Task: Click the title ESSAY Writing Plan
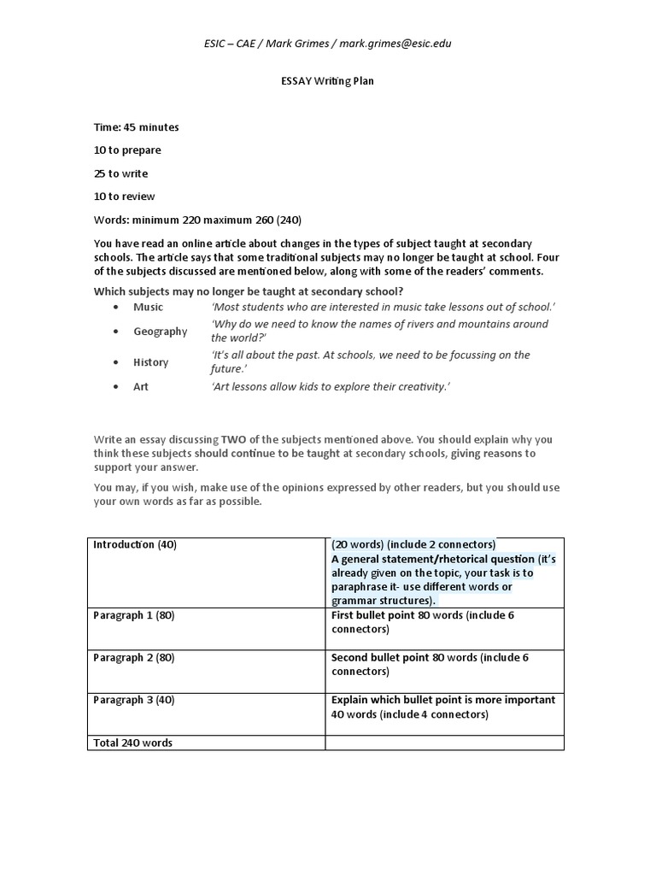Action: pyautogui.click(x=327, y=81)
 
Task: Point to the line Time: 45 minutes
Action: pyautogui.click(x=136, y=127)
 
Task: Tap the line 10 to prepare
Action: pyautogui.click(x=127, y=150)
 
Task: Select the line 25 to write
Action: pyautogui.click(x=120, y=173)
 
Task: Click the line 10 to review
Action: pyautogui.click(x=124, y=197)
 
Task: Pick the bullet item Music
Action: pyautogui.click(x=148, y=307)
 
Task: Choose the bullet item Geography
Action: pyautogui.click(x=160, y=332)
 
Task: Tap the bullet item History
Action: pyautogui.click(x=150, y=362)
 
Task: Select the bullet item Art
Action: pyautogui.click(x=140, y=387)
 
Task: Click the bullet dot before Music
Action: pyautogui.click(x=114, y=308)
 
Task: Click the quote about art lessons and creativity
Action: pyautogui.click(x=330, y=387)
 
